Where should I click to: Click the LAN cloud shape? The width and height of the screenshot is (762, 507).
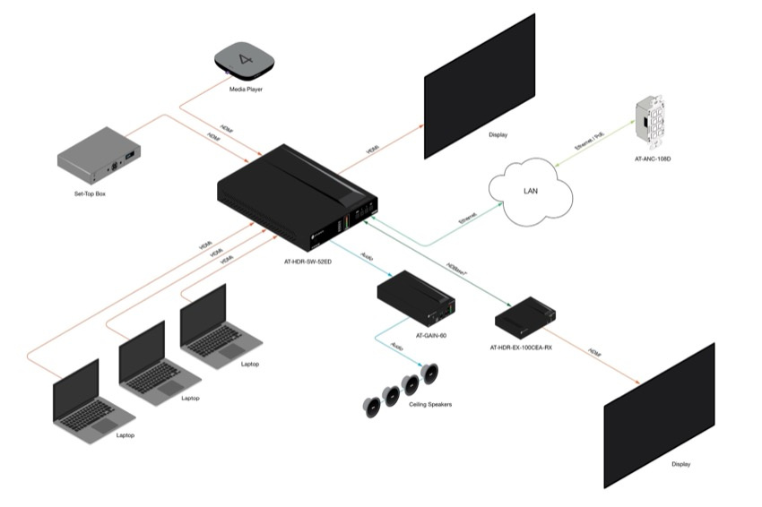tap(530, 190)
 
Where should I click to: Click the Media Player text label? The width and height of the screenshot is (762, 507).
tap(244, 90)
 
